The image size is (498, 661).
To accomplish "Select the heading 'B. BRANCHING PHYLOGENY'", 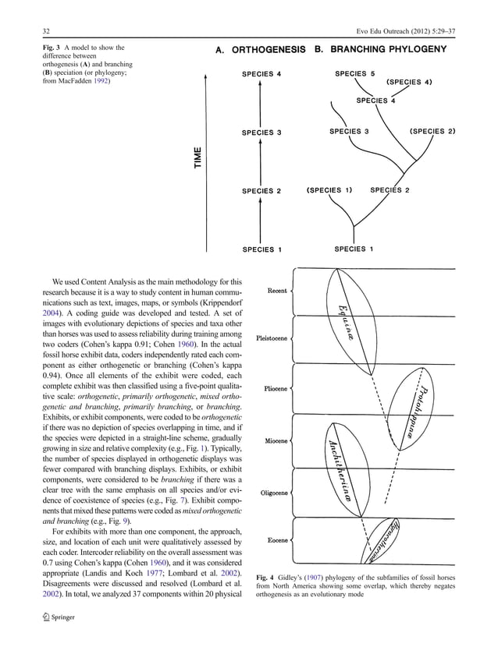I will pos(380,49).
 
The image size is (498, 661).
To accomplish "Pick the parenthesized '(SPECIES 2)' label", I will pos(432,131).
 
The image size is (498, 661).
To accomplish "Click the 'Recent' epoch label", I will pos(276,291).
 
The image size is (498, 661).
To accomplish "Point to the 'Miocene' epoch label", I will pos(276,440).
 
